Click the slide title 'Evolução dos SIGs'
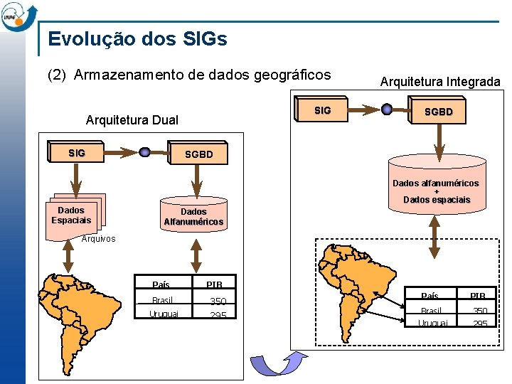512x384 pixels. pyautogui.click(x=137, y=39)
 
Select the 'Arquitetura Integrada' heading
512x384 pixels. pyautogui.click(x=439, y=82)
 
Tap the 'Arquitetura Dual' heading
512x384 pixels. pyautogui.click(x=132, y=119)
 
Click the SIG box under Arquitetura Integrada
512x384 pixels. pyautogui.click(x=322, y=110)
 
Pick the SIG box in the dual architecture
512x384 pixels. pyautogui.click(x=76, y=153)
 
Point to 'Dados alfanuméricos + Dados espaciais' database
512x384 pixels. pyautogui.click(x=437, y=191)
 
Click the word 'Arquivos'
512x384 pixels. pyautogui.click(x=98, y=239)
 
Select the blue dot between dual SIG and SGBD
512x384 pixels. pyautogui.click(x=144, y=151)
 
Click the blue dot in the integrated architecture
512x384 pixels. pyautogui.click(x=387, y=110)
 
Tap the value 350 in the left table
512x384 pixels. pyautogui.click(x=217, y=302)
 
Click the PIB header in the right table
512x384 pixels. pyautogui.click(x=477, y=296)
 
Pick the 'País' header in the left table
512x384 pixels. pyautogui.click(x=161, y=284)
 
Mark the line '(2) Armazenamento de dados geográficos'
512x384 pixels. pyautogui.click(x=189, y=75)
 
